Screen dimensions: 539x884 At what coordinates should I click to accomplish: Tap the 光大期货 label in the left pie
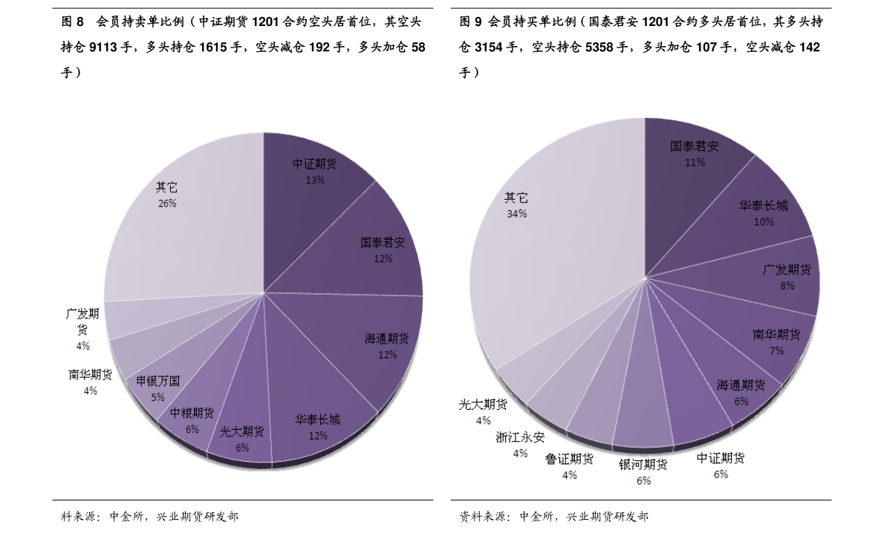point(241,431)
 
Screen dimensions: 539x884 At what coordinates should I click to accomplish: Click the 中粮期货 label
point(192,413)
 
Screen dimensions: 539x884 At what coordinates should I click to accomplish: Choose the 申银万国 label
point(158,381)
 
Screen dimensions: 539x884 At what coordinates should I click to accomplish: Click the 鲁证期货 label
point(569,459)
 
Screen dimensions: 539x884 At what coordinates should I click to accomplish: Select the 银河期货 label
point(643,464)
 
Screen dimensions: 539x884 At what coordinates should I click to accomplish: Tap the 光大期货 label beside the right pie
point(483,405)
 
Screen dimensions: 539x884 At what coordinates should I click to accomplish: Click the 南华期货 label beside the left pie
point(90,375)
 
